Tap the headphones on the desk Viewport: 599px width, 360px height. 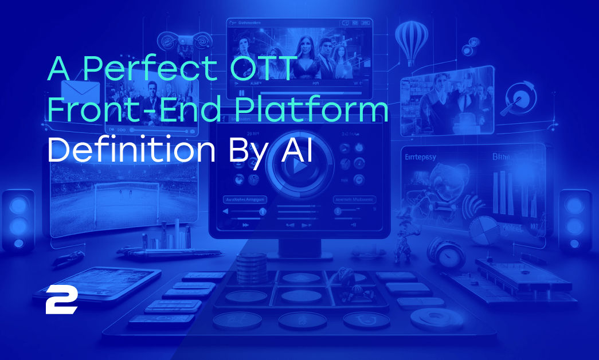[x=442, y=252]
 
